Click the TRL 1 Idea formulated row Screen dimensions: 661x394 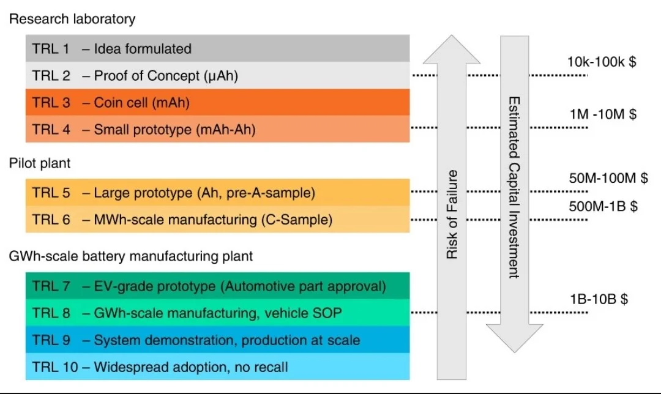(x=217, y=48)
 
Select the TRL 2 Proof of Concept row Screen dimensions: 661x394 (x=217, y=75)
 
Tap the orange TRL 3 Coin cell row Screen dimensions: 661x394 (x=217, y=102)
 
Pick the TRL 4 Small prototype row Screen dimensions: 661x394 (x=217, y=129)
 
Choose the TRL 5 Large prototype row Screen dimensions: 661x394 (x=217, y=193)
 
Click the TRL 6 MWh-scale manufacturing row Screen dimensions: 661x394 (x=217, y=219)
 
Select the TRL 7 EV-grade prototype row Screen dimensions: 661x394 (x=217, y=286)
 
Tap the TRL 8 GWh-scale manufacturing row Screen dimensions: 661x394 (x=217, y=313)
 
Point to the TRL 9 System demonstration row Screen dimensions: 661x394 (x=217, y=340)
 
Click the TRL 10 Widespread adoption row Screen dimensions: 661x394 (x=217, y=366)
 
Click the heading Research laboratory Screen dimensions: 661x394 (x=72, y=19)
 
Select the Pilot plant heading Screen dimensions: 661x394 (x=40, y=163)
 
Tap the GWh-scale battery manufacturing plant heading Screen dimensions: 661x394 (x=131, y=256)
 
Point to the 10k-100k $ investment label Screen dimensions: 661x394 (x=602, y=62)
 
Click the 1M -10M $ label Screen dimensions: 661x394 (x=603, y=114)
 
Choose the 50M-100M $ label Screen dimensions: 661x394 (x=608, y=178)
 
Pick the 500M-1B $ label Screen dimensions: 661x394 (x=603, y=206)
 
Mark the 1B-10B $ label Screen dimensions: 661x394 (x=599, y=299)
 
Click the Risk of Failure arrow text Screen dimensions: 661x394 (x=452, y=215)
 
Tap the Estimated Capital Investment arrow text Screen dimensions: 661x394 (x=514, y=188)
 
